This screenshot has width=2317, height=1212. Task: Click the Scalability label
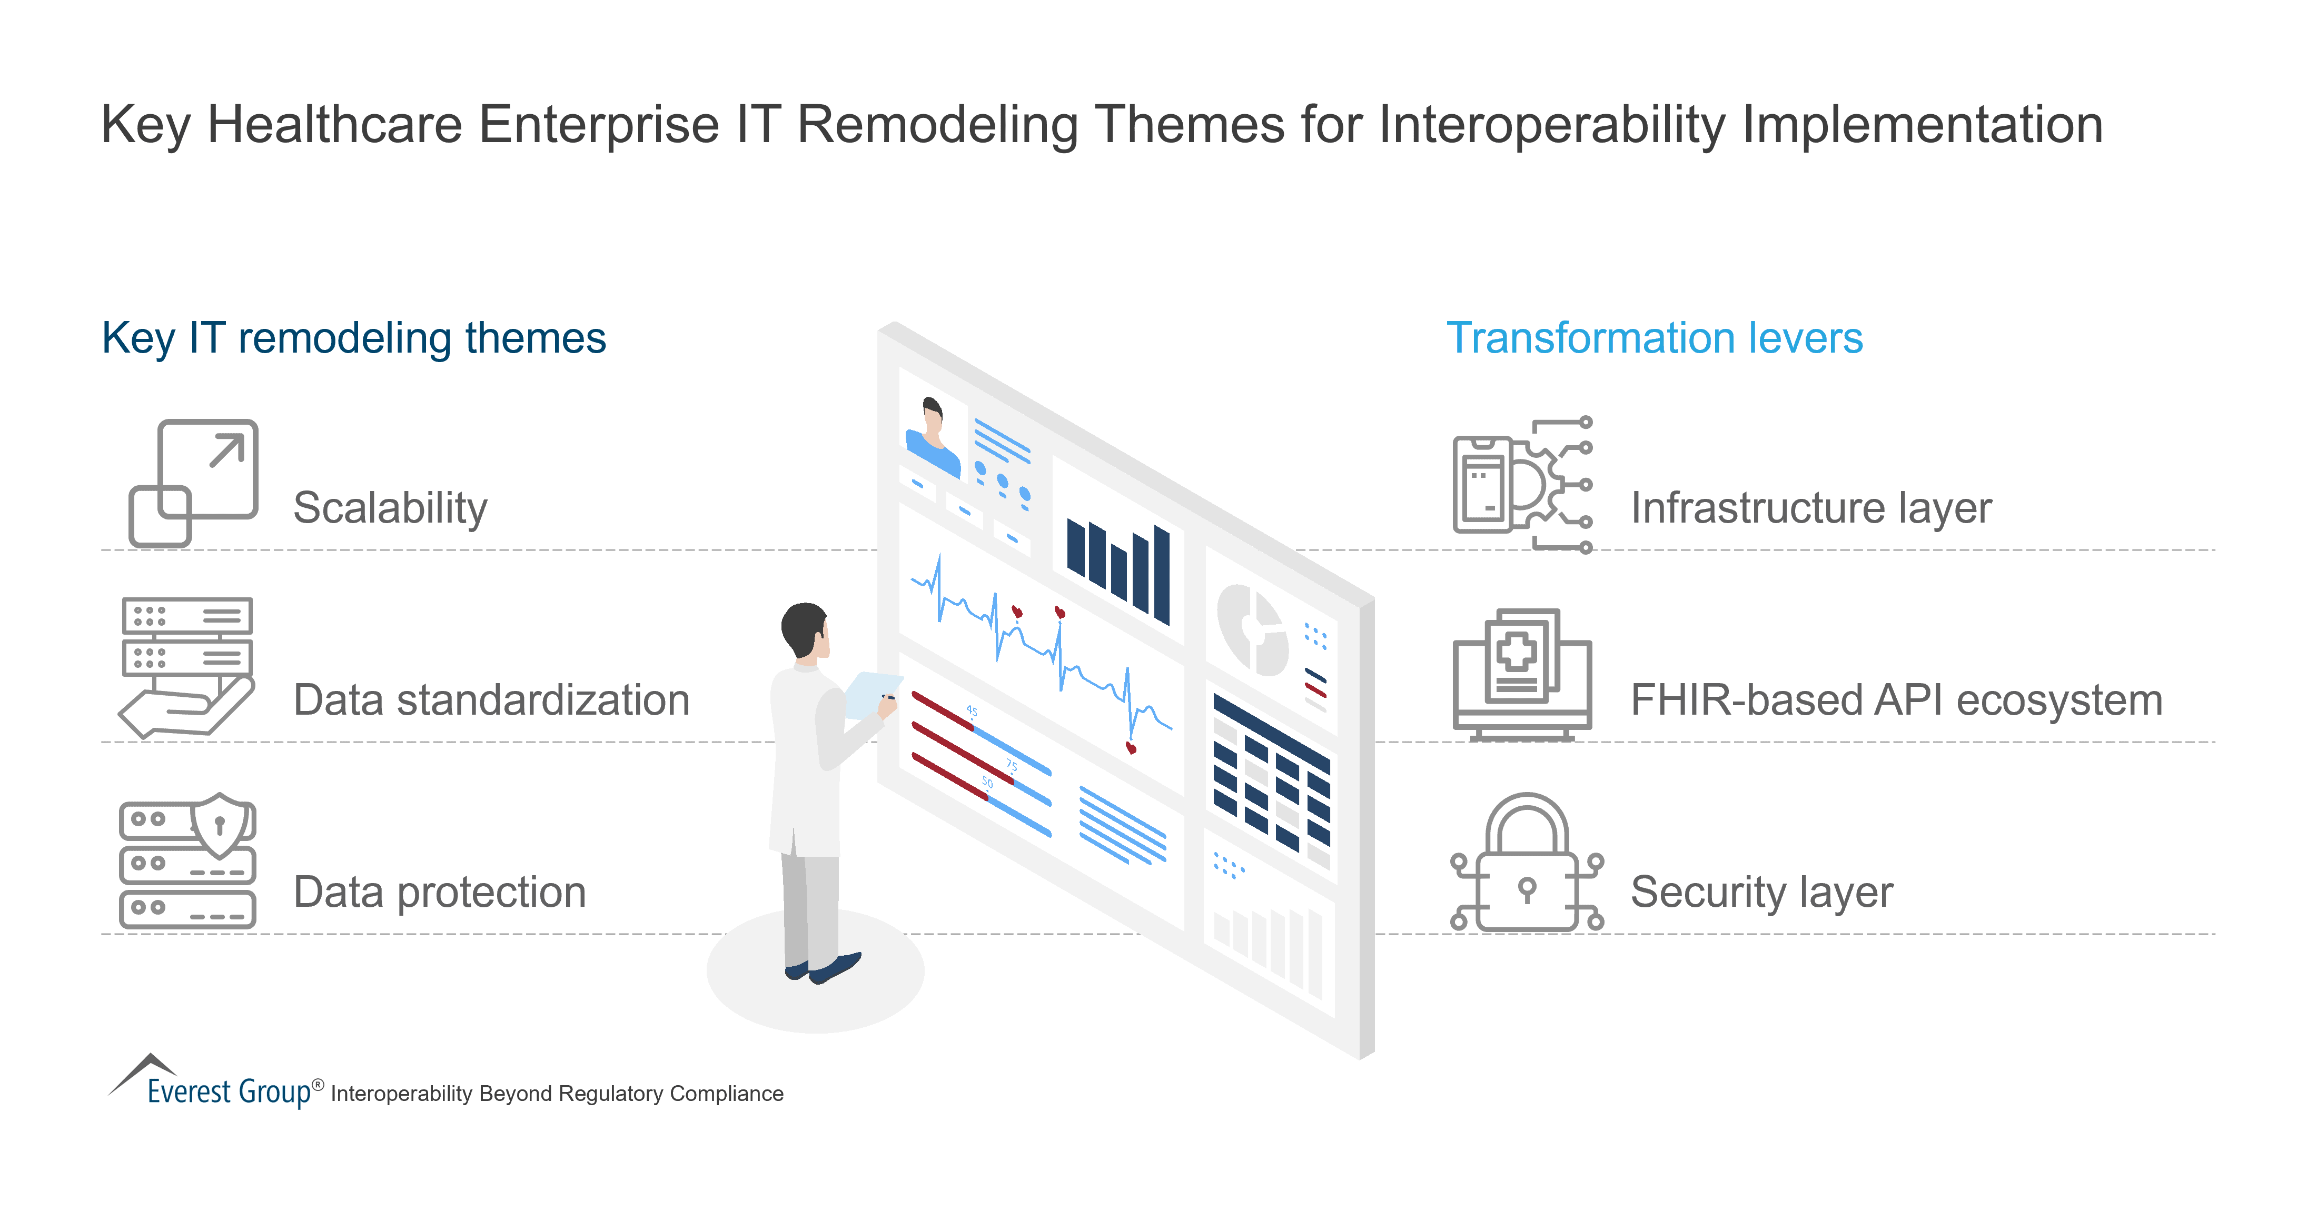pos(390,508)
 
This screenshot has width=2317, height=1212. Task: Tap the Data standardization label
pos(491,700)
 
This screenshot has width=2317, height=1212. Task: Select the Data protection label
pos(439,892)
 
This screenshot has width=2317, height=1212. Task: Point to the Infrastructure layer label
pos(1810,508)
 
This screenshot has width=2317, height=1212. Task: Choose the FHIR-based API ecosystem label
pos(1896,700)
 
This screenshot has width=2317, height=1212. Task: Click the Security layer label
pos(1761,892)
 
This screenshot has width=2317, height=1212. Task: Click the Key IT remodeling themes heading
pos(353,339)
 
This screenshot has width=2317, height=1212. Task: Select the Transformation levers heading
pos(1654,339)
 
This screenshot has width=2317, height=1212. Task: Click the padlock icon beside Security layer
pos(1527,863)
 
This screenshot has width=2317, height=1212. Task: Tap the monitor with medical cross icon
pos(1522,674)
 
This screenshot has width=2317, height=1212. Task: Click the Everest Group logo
pos(216,1084)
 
